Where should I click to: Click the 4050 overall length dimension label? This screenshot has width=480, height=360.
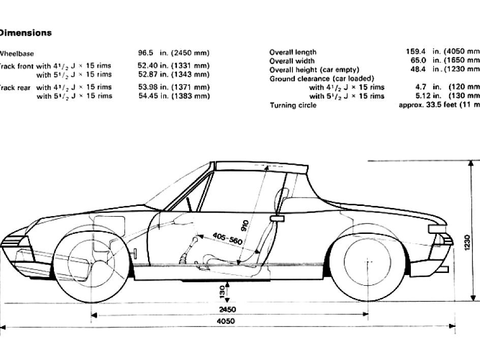point(225,321)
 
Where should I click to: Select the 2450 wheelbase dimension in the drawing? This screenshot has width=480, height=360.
point(227,309)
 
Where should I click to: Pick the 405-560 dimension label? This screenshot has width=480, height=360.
point(227,239)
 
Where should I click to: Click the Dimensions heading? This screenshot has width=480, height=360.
point(25,33)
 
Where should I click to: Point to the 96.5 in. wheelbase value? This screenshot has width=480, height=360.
point(173,53)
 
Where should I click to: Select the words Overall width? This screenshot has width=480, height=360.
point(292,61)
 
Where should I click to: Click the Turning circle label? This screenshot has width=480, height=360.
point(293,105)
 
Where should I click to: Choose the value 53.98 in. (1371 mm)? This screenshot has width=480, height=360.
point(173,87)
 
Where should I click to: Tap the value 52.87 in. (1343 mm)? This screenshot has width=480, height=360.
point(173,75)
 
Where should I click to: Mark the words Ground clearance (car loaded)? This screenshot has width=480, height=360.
point(321,78)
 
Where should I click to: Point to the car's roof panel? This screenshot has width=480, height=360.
point(261,166)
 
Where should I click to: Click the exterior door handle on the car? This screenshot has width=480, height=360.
point(277,218)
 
